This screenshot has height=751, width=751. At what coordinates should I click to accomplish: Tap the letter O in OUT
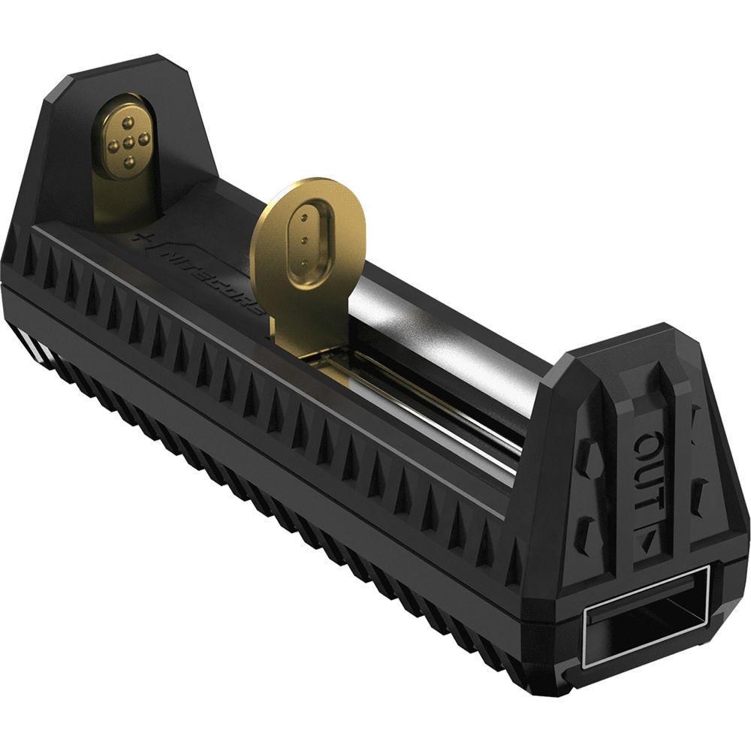tap(647, 448)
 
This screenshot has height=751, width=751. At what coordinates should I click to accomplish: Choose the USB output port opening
tap(647, 615)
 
